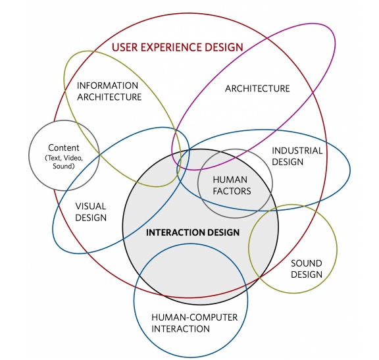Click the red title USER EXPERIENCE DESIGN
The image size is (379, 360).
point(178,47)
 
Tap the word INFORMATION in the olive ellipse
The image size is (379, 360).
point(107,86)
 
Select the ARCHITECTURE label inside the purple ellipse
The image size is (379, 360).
point(257,88)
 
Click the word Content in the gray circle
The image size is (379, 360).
point(64,147)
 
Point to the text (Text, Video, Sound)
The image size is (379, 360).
point(64,162)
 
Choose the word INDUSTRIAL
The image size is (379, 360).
point(297,151)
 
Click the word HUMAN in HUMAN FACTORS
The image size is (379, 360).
point(230,180)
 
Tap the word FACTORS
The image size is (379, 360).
point(232,192)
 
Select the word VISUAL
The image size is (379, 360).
point(91,206)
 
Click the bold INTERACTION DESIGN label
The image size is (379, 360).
point(193,232)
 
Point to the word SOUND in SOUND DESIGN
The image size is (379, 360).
point(307,263)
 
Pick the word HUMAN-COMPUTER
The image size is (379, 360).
point(195,317)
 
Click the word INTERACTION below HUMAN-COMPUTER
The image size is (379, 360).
point(180,329)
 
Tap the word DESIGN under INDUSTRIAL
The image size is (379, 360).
point(288,162)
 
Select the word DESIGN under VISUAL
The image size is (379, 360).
point(91,218)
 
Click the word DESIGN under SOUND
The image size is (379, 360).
point(307,274)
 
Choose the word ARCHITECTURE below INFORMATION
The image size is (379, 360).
point(109,97)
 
